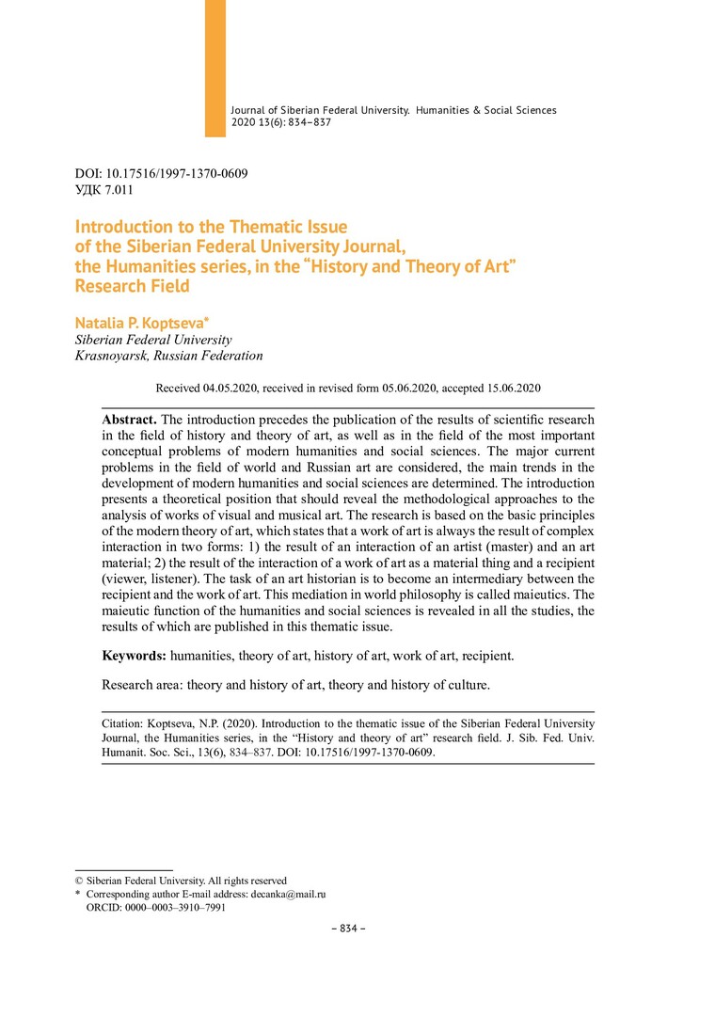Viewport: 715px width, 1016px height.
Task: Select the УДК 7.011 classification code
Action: pyautogui.click(x=103, y=190)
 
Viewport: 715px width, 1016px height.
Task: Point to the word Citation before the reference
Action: pyautogui.click(x=122, y=723)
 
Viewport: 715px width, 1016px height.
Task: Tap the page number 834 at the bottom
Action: pyautogui.click(x=348, y=929)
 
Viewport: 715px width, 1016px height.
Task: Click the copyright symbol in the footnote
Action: pyautogui.click(x=79, y=881)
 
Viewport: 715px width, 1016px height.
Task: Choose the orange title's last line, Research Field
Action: pyautogui.click(x=132, y=286)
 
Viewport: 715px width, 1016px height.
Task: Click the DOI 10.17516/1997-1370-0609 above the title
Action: pyautogui.click(x=183, y=174)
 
